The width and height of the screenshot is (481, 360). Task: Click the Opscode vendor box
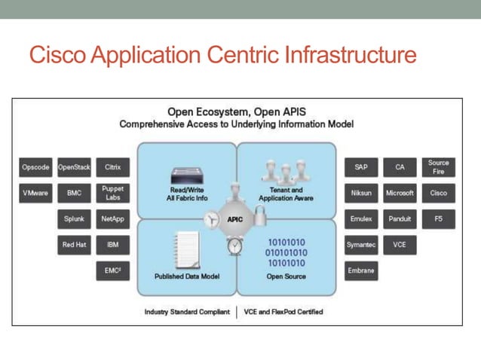tap(35, 167)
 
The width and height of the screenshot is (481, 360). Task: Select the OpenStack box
tap(74, 167)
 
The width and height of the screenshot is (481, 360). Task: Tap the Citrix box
tap(112, 167)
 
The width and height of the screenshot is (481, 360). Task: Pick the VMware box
tap(35, 193)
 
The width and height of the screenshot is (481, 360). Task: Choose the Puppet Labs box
tap(112, 193)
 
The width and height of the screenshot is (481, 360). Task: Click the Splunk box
tap(74, 219)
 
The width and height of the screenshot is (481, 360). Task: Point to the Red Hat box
tap(74, 244)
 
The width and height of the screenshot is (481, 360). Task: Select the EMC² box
tap(112, 270)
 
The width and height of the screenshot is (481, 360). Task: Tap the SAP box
tap(361, 167)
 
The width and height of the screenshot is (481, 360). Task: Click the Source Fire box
tap(438, 167)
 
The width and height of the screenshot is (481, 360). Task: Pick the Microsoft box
tap(400, 193)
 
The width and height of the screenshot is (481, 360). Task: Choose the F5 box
tap(438, 219)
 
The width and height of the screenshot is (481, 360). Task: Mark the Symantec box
tap(361, 245)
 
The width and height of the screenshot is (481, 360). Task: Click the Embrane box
tap(361, 270)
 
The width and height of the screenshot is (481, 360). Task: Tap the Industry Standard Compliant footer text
tap(187, 312)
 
